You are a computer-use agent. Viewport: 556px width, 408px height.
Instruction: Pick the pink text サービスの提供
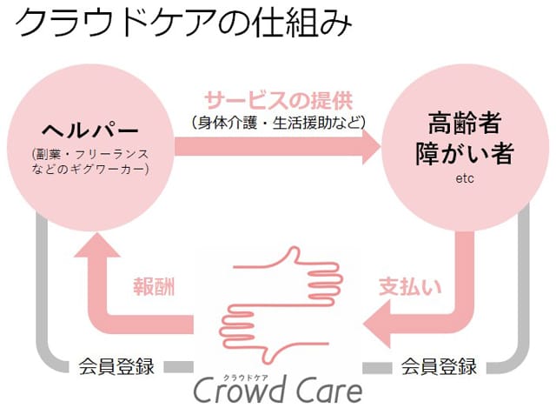coord(278,98)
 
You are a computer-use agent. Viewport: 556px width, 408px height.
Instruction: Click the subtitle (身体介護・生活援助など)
coord(278,121)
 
